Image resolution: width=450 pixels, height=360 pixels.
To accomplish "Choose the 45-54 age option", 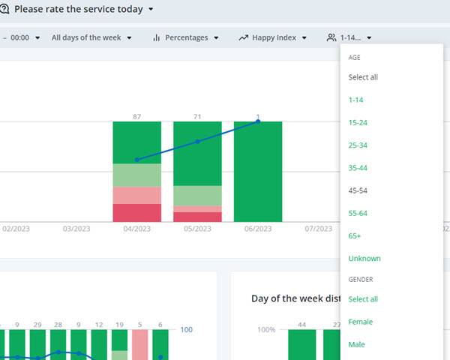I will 358,190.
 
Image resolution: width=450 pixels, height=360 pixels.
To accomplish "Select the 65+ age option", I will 355,235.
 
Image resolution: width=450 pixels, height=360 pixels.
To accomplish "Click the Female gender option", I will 360,322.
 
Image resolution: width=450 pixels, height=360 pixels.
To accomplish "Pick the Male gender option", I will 356,344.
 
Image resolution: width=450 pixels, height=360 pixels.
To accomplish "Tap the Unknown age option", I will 364,258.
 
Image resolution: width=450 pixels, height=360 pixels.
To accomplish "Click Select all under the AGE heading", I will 363,77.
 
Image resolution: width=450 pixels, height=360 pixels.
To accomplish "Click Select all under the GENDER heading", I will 363,299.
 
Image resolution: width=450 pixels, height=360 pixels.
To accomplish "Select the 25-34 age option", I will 358,145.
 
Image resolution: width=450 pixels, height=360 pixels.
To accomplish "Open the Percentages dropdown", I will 186,37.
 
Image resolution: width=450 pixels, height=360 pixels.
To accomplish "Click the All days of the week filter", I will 91,37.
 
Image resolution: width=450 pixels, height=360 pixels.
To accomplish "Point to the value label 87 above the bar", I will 136,116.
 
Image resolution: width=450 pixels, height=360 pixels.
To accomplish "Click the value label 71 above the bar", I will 197,116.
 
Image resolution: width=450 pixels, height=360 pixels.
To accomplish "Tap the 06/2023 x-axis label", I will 258,229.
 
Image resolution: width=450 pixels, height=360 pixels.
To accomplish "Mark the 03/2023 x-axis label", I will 76,229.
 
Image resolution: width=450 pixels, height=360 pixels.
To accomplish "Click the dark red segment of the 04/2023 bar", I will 136,213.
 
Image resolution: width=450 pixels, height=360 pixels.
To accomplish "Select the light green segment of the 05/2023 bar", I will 197,195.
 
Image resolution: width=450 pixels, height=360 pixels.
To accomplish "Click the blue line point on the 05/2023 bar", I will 197,141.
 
